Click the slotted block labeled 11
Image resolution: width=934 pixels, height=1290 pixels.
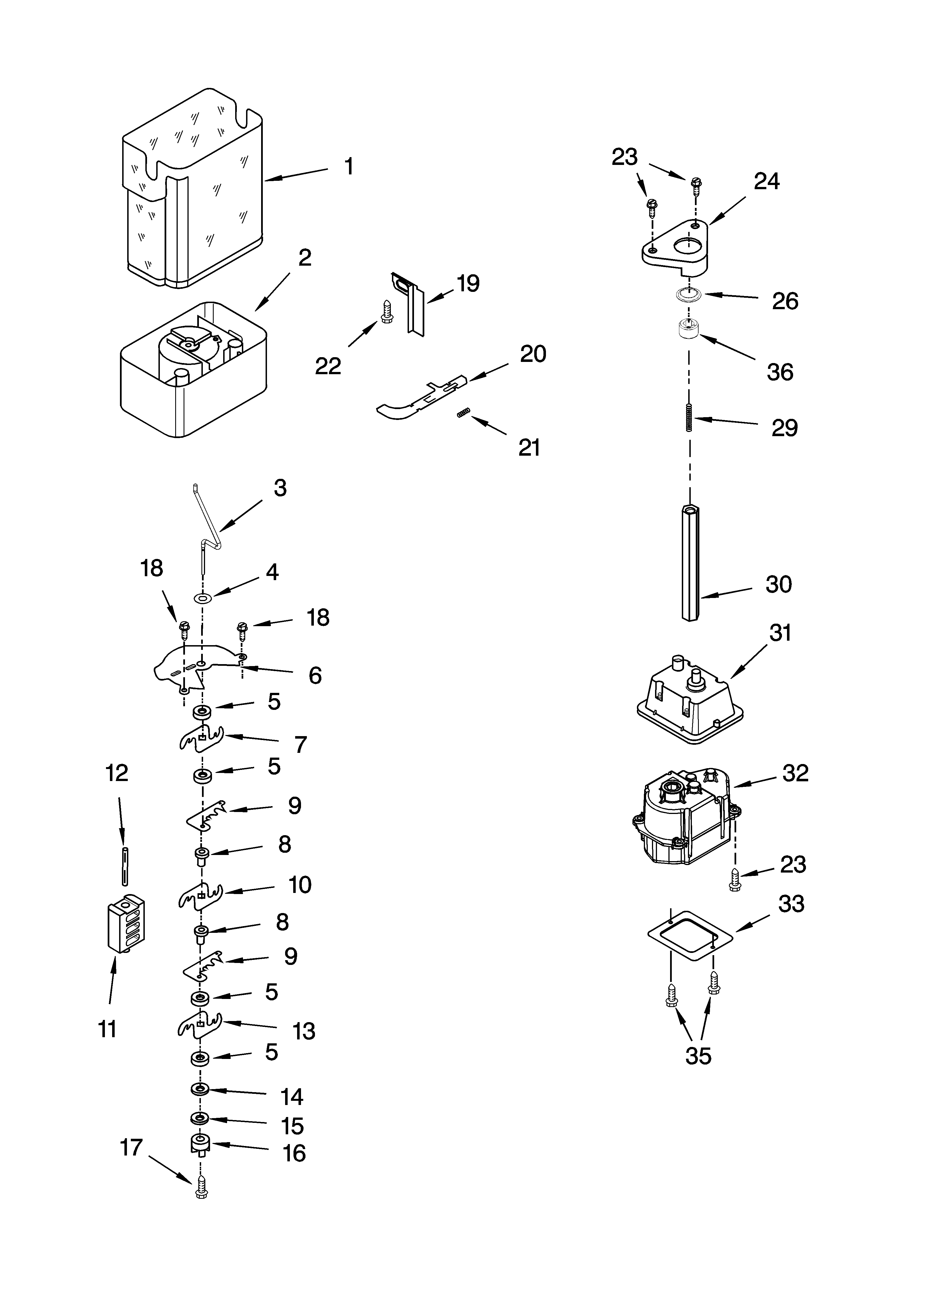point(126,924)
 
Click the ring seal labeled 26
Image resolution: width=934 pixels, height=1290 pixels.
point(689,295)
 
